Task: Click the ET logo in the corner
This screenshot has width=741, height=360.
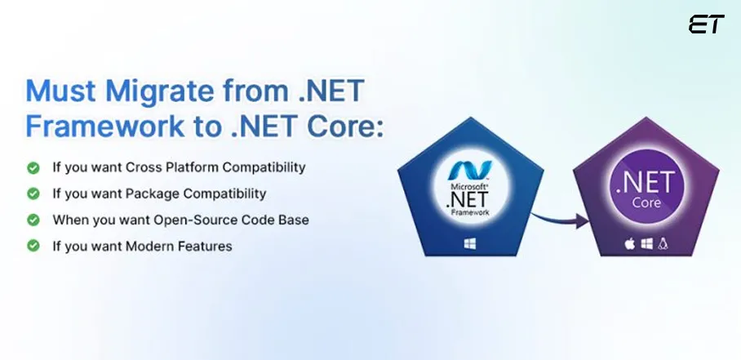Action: click(706, 24)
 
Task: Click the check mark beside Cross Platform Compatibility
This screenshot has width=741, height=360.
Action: click(33, 167)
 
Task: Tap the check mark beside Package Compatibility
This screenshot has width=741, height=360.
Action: click(33, 193)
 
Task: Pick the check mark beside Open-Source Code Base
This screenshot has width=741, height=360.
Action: click(33, 220)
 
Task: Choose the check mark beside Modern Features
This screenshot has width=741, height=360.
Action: click(33, 247)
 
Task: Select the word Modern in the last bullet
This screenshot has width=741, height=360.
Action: click(147, 247)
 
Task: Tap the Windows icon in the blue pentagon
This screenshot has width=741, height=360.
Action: click(470, 244)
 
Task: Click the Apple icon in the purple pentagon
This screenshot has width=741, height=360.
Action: click(629, 244)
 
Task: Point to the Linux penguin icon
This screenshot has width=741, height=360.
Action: click(663, 244)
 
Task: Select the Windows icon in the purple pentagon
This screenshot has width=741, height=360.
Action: click(646, 244)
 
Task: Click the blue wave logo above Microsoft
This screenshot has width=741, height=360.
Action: click(469, 171)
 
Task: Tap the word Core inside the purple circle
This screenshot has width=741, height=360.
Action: click(646, 202)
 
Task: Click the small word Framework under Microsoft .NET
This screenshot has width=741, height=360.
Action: click(470, 212)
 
